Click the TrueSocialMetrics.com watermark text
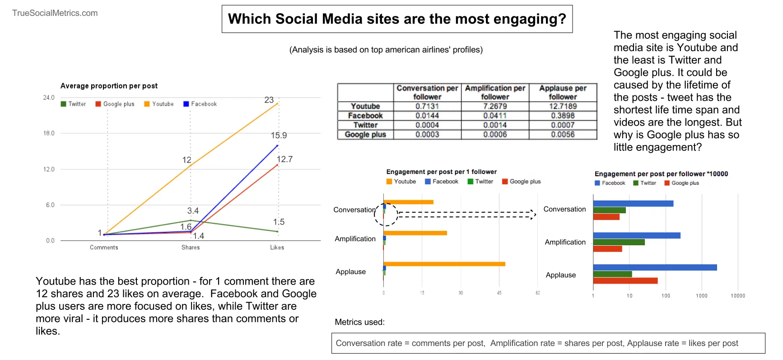55,13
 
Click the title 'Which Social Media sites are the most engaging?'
397,19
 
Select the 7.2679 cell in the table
495,106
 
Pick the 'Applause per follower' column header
563,92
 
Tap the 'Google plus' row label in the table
365,135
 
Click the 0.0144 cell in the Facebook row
427,116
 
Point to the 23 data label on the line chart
269,100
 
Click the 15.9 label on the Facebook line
279,136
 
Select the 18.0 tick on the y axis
49,133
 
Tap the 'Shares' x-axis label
191,248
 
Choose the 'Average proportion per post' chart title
109,86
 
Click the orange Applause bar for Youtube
444,264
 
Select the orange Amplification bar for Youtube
415,233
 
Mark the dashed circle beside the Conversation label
386,215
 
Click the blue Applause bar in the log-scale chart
655,267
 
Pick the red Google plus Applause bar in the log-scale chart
625,281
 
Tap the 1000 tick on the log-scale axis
702,296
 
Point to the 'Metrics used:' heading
360,322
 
